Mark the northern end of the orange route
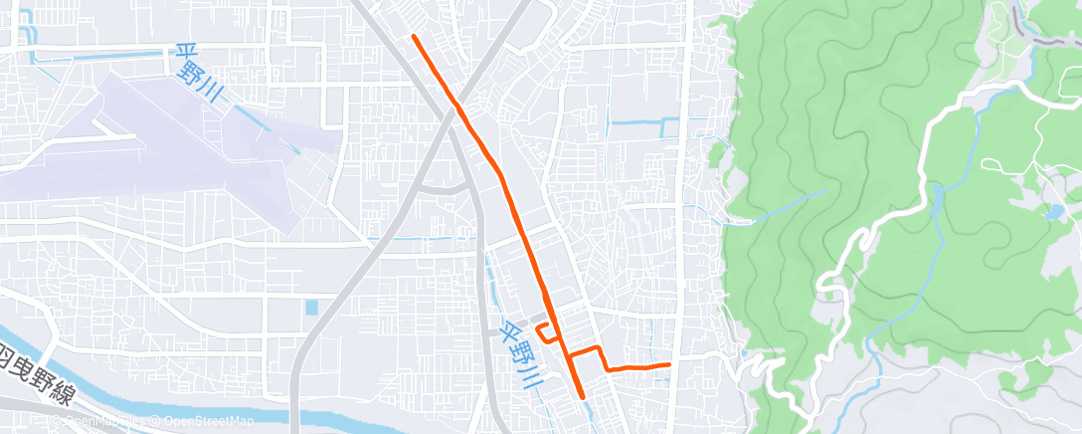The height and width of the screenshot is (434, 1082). [414, 37]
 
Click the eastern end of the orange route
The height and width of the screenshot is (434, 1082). [668, 365]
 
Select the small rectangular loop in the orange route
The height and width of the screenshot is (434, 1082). [545, 333]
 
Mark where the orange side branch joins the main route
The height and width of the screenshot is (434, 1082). [568, 354]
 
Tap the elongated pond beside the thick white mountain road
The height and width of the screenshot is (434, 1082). [936, 199]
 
